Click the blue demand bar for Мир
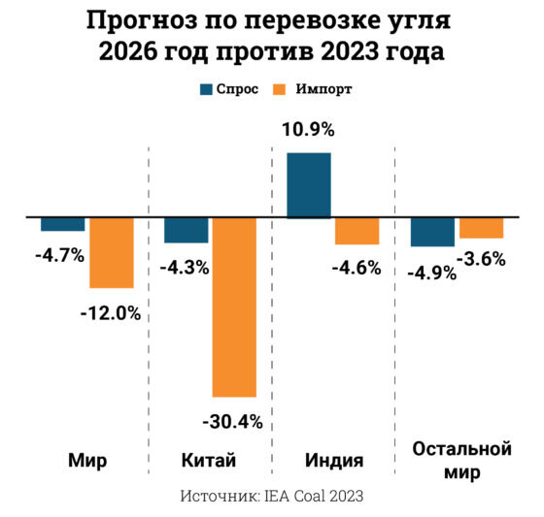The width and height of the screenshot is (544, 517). coord(62,224)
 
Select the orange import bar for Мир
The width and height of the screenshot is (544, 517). coord(111,252)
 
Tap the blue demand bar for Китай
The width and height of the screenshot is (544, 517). coord(186,230)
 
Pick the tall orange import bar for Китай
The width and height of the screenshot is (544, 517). coord(234,307)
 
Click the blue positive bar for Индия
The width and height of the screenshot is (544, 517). coord(309,185)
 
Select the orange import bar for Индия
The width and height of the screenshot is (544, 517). coord(357,231)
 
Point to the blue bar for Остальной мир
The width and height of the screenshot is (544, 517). coord(432,232)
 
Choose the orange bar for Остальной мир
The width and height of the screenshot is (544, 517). coord(481,228)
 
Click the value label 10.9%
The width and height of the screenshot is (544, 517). coord(310,129)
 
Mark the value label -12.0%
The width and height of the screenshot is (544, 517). coord(112,312)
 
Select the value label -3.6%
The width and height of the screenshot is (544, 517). coord(483,259)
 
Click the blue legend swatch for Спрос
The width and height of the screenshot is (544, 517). coord(207,89)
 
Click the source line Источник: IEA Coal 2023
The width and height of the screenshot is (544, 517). coord(272,496)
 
